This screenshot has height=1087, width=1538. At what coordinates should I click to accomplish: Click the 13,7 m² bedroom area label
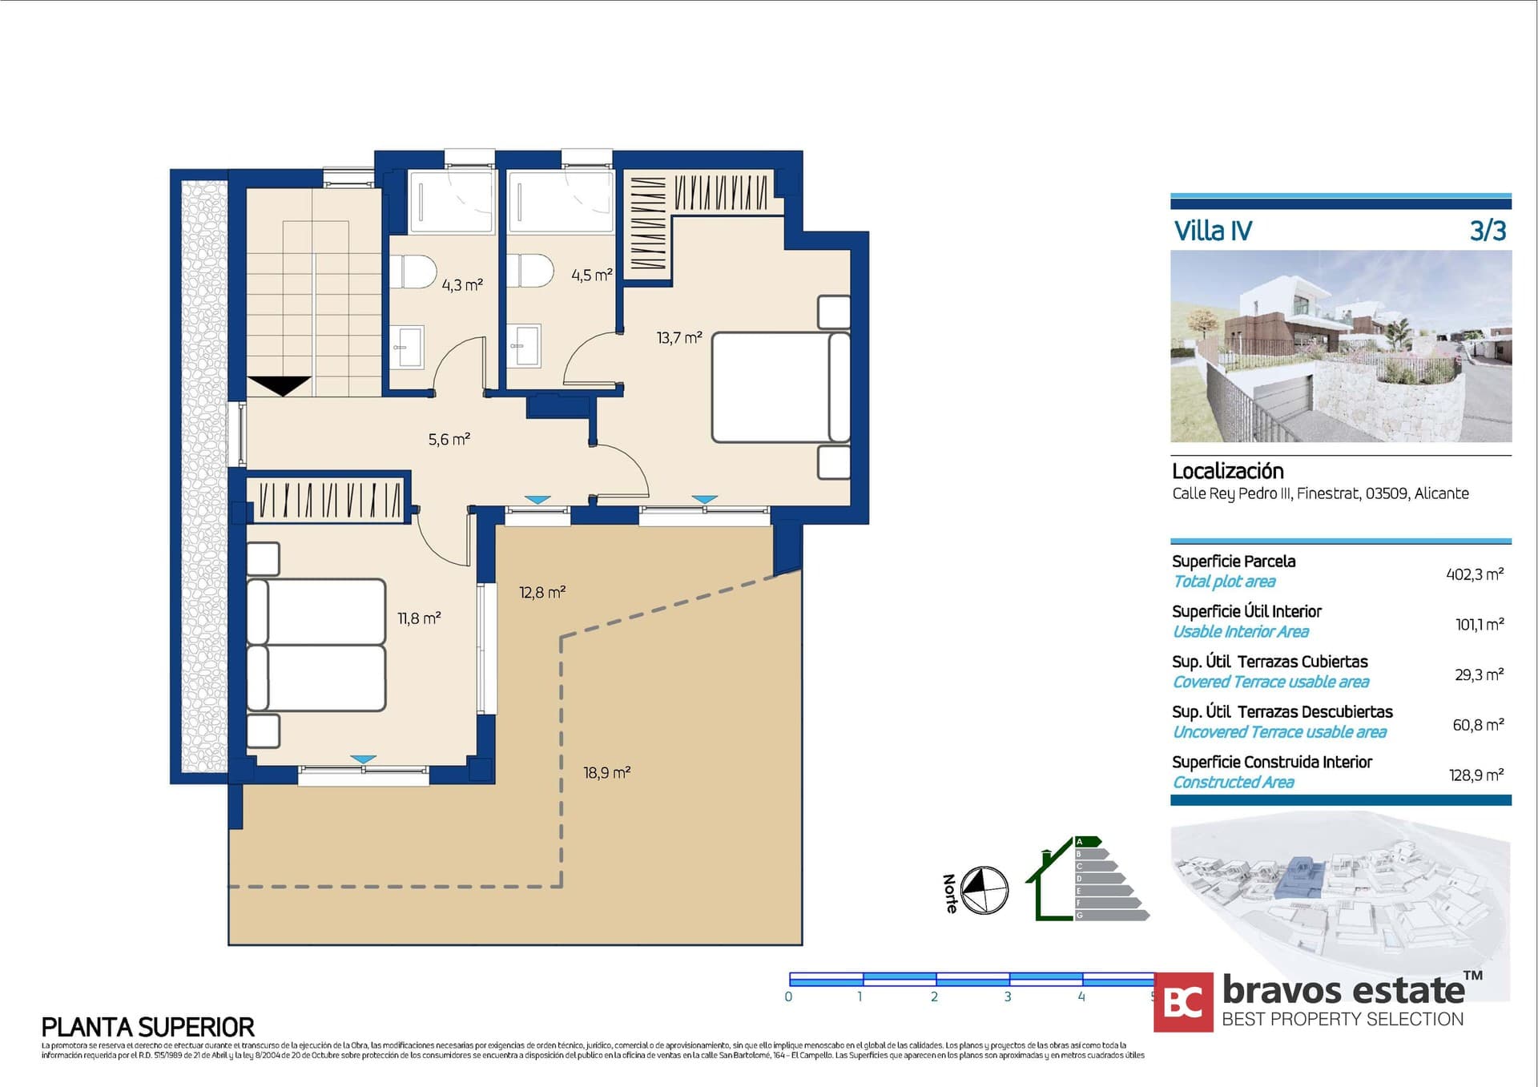click(x=679, y=337)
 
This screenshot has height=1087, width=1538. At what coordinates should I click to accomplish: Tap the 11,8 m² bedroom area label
click(x=419, y=618)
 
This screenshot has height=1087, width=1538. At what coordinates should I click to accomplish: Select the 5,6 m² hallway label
click(x=449, y=439)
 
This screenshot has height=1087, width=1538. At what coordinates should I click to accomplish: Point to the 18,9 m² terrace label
click(x=606, y=773)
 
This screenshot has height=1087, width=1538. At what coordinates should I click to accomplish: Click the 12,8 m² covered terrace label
click(x=542, y=593)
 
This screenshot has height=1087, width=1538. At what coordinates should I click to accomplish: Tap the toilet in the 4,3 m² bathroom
click(x=417, y=271)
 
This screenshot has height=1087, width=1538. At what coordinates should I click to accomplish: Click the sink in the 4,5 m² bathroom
click(x=526, y=345)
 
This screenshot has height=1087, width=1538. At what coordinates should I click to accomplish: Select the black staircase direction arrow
click(x=279, y=385)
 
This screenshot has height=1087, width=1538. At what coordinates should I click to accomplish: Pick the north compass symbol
click(x=984, y=891)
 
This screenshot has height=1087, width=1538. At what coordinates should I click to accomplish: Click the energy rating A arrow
click(x=1087, y=842)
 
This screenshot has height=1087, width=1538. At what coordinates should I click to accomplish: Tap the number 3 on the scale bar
click(x=1008, y=996)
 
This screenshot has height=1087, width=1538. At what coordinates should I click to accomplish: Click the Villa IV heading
click(x=1212, y=231)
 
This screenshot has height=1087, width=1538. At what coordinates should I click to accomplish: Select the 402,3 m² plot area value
click(x=1474, y=574)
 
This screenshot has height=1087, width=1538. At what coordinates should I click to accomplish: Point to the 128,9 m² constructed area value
click(x=1476, y=775)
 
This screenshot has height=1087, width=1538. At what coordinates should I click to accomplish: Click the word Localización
click(x=1227, y=471)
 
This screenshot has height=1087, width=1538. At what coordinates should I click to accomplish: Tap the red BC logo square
click(x=1183, y=1002)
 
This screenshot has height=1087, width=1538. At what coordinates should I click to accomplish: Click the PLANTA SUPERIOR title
click(x=147, y=1027)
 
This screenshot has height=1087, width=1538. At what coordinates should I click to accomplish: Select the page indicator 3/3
click(x=1488, y=231)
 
